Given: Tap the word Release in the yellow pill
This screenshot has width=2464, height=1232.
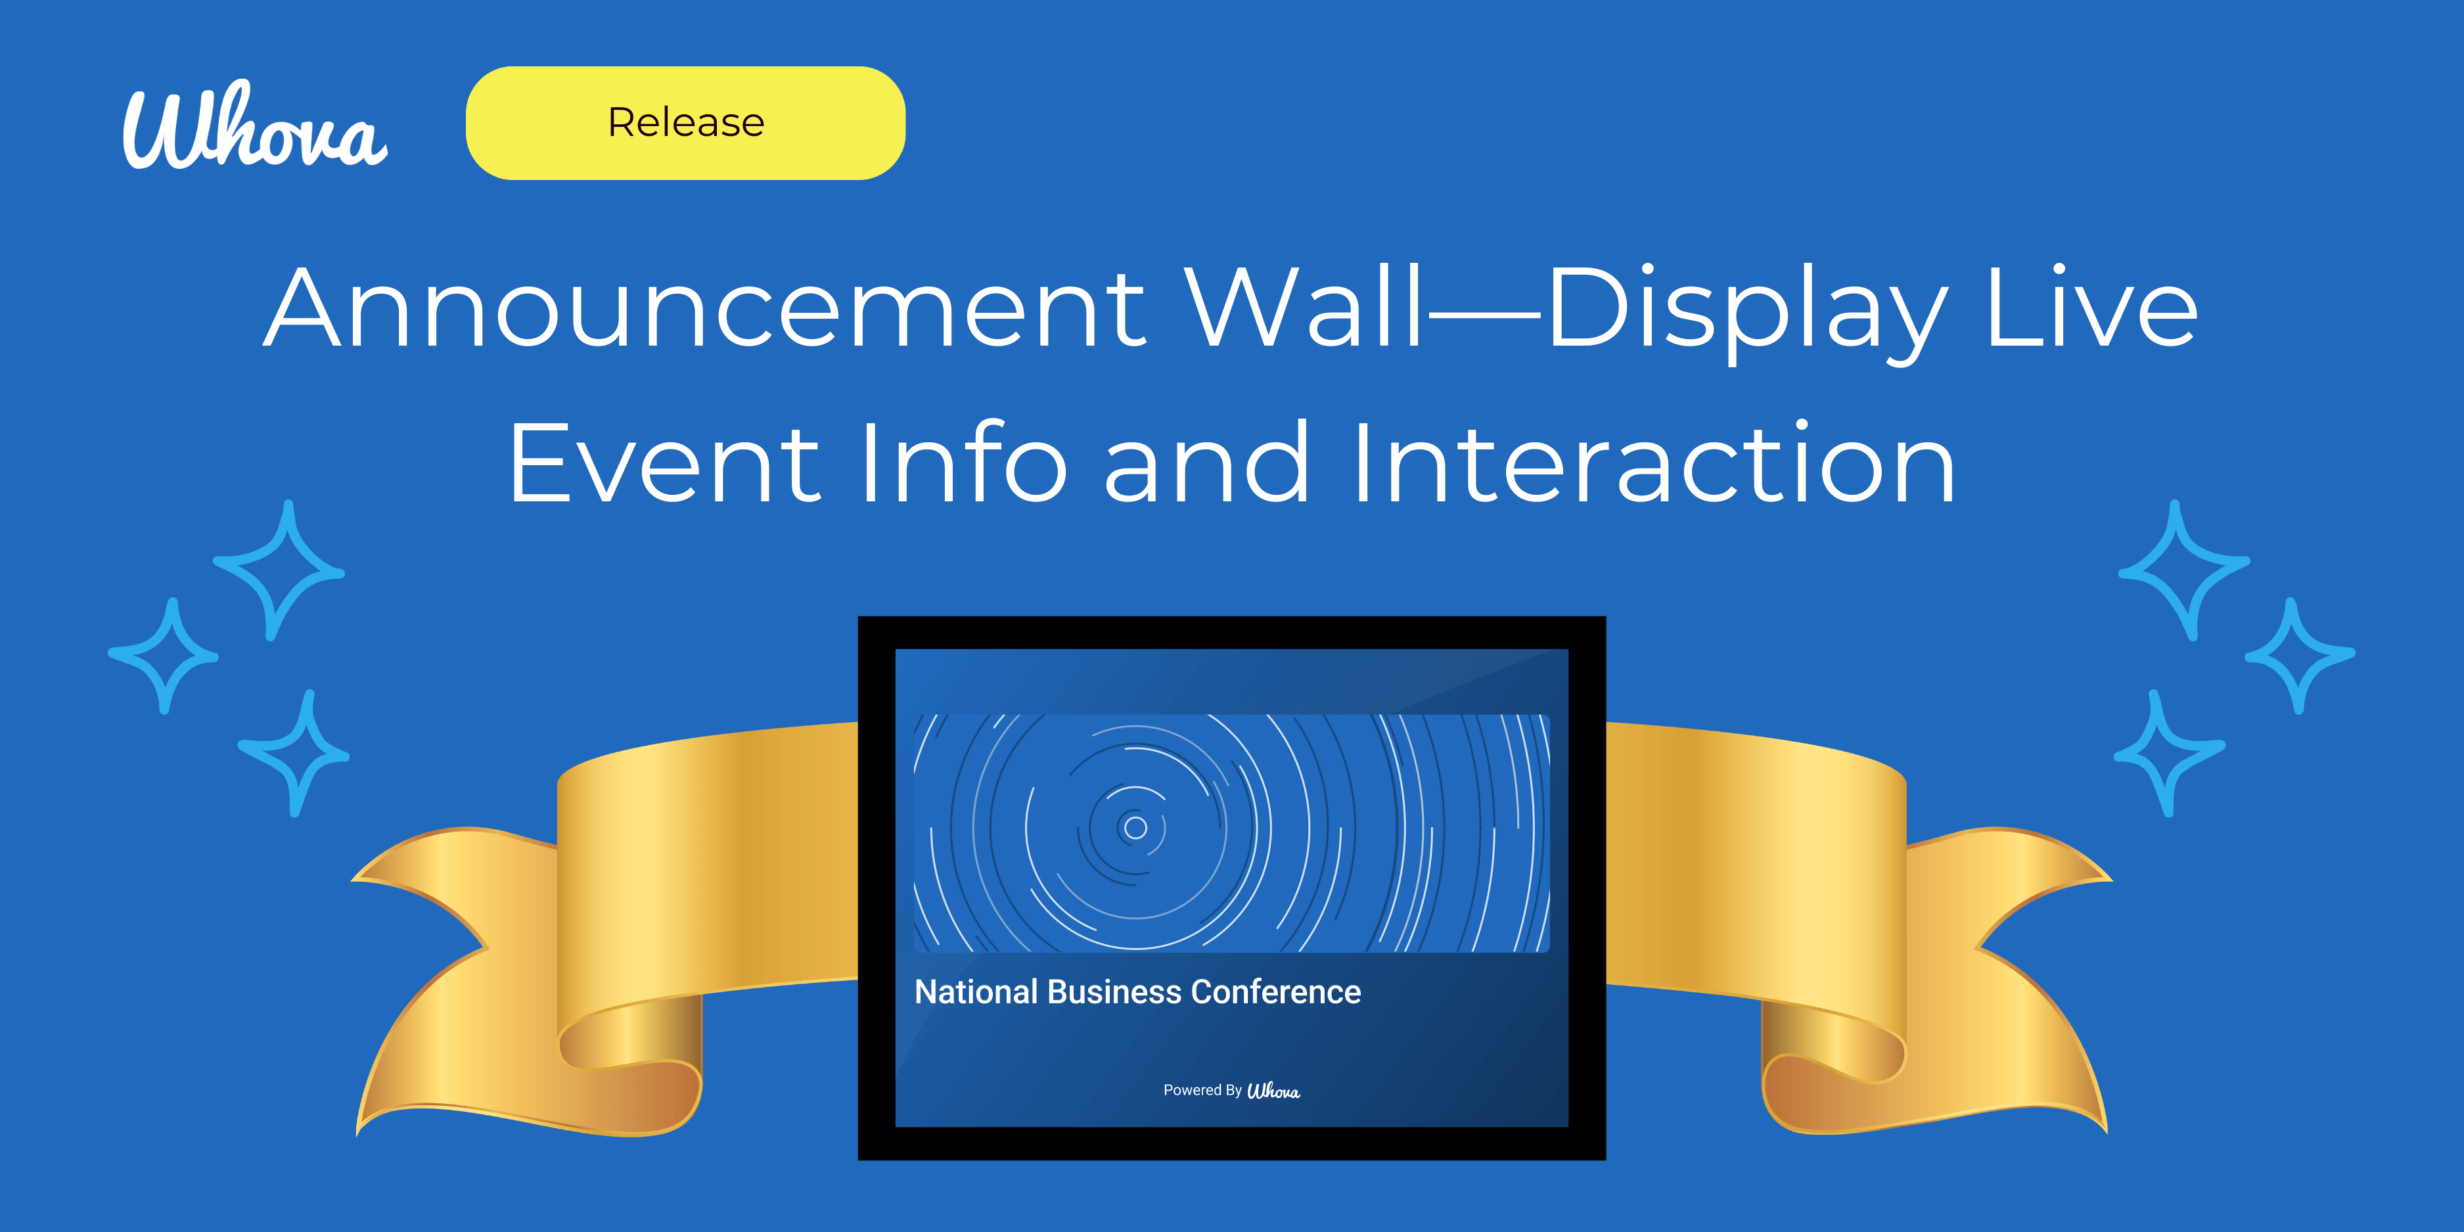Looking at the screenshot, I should click(x=686, y=122).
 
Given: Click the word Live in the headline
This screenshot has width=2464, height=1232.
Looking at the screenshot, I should click(x=2091, y=308).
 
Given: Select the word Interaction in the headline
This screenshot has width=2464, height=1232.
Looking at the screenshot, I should click(x=1654, y=464).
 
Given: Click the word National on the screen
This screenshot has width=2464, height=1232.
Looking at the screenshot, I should click(x=976, y=992).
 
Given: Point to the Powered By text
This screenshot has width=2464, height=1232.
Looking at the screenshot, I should click(x=1201, y=1091).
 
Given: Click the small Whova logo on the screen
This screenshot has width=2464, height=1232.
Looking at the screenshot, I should click(x=1273, y=1091).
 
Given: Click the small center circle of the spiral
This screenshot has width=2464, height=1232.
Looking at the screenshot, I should click(x=1135, y=827).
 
